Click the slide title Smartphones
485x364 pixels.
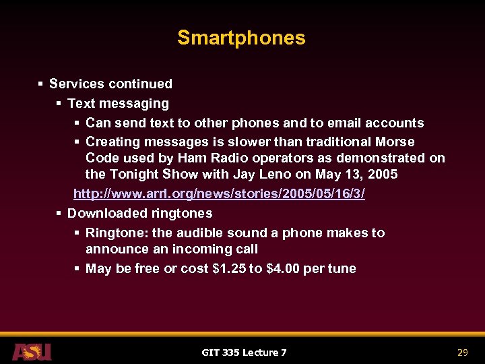(x=241, y=38)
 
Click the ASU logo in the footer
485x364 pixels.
(x=32, y=351)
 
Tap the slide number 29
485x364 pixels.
(x=462, y=352)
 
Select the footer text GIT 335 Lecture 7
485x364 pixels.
(x=244, y=352)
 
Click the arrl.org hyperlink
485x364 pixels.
(x=219, y=193)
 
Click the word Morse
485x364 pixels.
(x=397, y=142)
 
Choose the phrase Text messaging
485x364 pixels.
(x=118, y=103)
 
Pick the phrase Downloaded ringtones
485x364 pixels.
(x=139, y=213)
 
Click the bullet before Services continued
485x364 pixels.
(x=41, y=84)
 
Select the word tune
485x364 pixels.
(x=342, y=268)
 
